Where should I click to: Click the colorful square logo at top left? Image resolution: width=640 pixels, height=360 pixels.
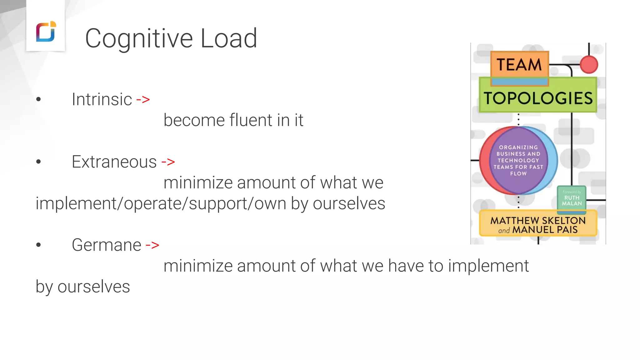click(x=46, y=32)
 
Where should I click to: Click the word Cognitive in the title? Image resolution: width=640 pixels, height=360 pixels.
click(x=139, y=39)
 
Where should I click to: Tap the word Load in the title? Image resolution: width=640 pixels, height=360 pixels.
click(x=228, y=39)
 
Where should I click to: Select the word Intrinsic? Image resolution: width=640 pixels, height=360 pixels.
click(x=102, y=100)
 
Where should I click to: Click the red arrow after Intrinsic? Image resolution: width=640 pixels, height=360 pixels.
click(x=143, y=100)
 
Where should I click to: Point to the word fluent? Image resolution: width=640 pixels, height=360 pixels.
click(x=251, y=120)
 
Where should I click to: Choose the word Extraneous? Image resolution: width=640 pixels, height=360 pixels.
click(x=114, y=162)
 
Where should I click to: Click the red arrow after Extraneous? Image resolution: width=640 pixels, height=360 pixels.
click(x=168, y=162)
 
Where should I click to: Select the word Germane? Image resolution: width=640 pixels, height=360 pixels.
click(x=106, y=245)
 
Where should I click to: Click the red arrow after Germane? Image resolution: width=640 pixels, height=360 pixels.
click(x=152, y=245)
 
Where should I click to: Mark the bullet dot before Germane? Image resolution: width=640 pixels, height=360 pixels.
click(x=38, y=245)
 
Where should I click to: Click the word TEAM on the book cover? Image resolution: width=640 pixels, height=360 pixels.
click(x=519, y=65)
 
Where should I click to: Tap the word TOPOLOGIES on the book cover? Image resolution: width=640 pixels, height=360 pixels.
click(x=538, y=98)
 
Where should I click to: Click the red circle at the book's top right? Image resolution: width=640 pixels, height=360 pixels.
click(x=589, y=65)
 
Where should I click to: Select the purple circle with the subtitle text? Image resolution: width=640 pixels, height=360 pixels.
click(x=518, y=160)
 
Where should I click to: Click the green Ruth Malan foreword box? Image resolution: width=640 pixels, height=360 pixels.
click(x=572, y=198)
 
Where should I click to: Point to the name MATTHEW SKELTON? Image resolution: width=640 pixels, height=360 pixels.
click(x=538, y=221)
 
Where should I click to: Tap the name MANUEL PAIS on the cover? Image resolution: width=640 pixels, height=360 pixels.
click(x=545, y=230)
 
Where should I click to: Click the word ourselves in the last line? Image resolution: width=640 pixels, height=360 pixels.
click(x=93, y=287)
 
